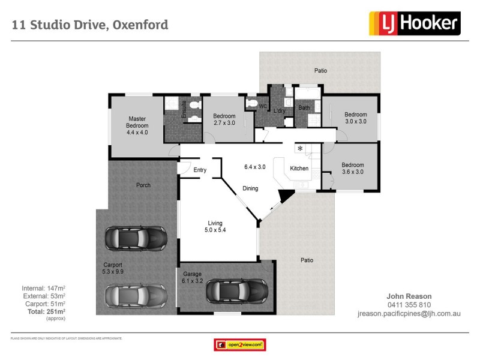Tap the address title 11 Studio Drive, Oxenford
click(91, 25)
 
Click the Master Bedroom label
click(137, 125)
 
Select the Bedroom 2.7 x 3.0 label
click(224, 119)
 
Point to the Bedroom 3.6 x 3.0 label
click(353, 169)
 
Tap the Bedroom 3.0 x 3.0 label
click(355, 118)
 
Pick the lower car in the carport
click(135, 295)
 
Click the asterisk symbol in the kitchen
click(300, 148)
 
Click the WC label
click(262, 107)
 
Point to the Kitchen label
click(299, 169)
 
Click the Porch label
click(143, 185)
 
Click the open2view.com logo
click(240, 345)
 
